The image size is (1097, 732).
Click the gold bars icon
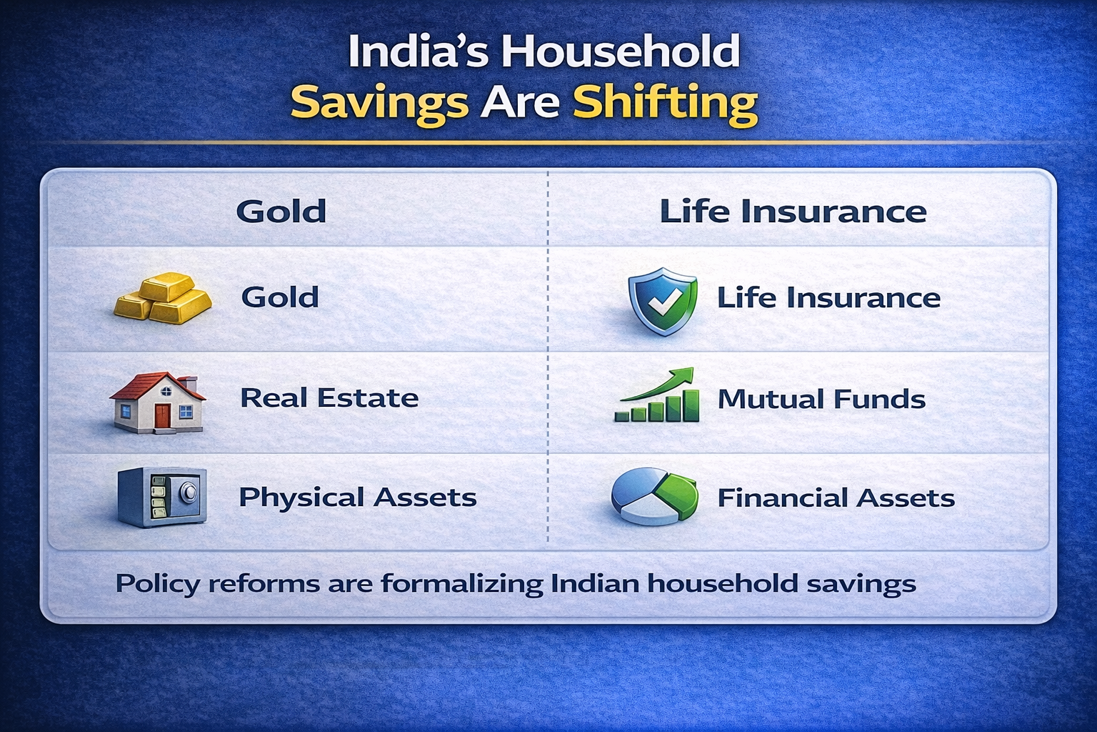point(164,297)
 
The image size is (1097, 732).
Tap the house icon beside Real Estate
point(158,401)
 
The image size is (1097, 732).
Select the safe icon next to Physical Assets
point(162,497)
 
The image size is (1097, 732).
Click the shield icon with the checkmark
point(663,301)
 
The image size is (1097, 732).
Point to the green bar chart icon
point(656,397)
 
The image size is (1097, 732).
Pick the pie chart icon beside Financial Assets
point(654,496)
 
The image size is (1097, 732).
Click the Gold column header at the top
point(281,212)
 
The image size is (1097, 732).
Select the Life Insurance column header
point(793,212)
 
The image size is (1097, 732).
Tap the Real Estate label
point(329,397)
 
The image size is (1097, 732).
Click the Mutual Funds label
point(821,399)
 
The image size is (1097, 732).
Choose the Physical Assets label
point(357,497)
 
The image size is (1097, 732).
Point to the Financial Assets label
point(836,498)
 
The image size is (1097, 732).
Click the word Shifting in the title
point(665,103)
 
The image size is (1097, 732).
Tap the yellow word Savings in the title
point(379,103)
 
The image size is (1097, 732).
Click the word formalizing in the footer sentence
point(462,584)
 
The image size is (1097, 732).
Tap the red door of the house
point(162,416)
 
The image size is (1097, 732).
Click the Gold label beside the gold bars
point(280,297)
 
